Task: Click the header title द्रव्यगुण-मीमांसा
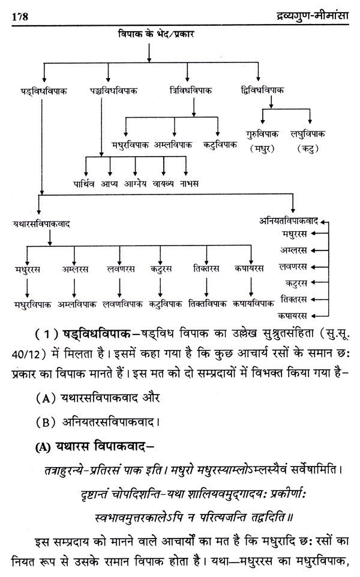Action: [x=306, y=14]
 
